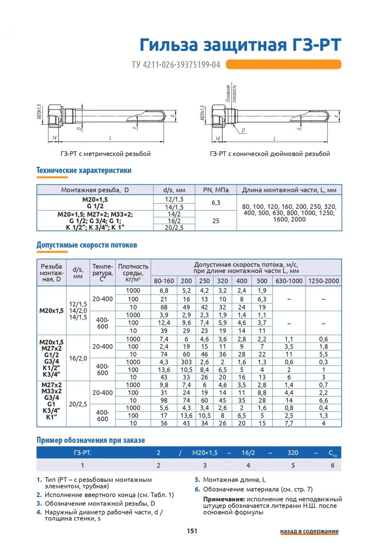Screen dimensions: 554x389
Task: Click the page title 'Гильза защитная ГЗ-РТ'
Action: click(x=240, y=45)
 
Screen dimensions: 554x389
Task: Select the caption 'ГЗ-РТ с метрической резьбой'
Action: click(x=105, y=154)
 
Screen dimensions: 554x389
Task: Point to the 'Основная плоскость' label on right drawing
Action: click(x=234, y=92)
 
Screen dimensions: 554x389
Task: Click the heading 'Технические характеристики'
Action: click(x=84, y=170)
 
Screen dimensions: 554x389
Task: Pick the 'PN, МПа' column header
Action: click(x=216, y=190)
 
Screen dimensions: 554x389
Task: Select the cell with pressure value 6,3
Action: click(x=216, y=202)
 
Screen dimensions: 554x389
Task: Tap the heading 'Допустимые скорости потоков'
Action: click(x=86, y=245)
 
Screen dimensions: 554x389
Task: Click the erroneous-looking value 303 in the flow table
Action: click(x=186, y=362)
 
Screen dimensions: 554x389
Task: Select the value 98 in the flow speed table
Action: click(x=164, y=400)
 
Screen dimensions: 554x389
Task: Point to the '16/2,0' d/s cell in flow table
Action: click(x=78, y=359)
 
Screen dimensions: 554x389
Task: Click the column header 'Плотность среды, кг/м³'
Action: click(x=133, y=273)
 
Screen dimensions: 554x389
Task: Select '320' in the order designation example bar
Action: click(x=293, y=453)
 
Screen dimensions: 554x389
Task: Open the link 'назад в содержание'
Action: click(x=309, y=532)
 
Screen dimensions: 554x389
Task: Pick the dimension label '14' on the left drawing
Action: click(x=54, y=138)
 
